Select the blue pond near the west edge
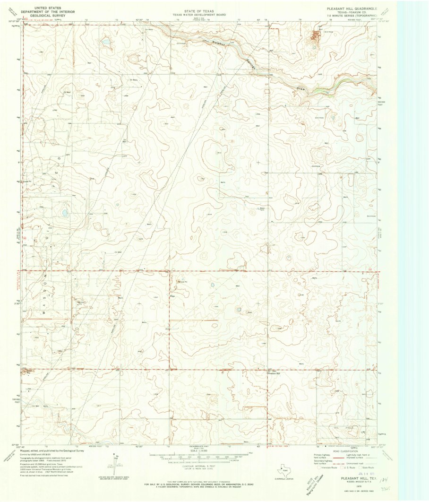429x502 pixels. (65, 213)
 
